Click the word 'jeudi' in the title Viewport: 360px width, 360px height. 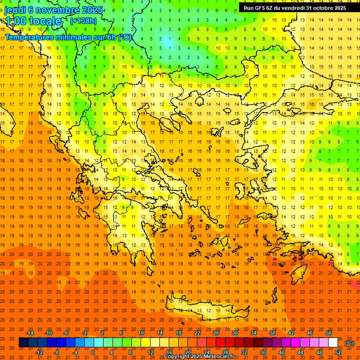coord(15,10)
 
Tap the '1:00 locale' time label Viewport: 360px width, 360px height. coord(33,21)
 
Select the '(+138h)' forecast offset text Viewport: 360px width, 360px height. coord(83,21)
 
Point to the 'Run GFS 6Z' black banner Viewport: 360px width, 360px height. coord(295,7)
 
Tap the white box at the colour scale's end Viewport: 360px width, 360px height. coord(333,343)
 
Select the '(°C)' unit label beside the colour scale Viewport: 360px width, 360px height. coord(349,343)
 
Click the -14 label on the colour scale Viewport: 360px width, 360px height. coord(30,333)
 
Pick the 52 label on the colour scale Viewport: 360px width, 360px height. coord(338,352)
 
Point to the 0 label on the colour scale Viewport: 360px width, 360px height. coord(93,352)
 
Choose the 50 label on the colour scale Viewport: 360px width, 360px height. coord(328,333)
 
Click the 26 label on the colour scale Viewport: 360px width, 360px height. coord(216,333)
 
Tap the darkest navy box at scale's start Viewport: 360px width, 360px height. coord(23,343)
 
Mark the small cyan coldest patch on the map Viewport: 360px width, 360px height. coord(167,42)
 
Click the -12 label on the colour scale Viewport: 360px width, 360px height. coord(39,352)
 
